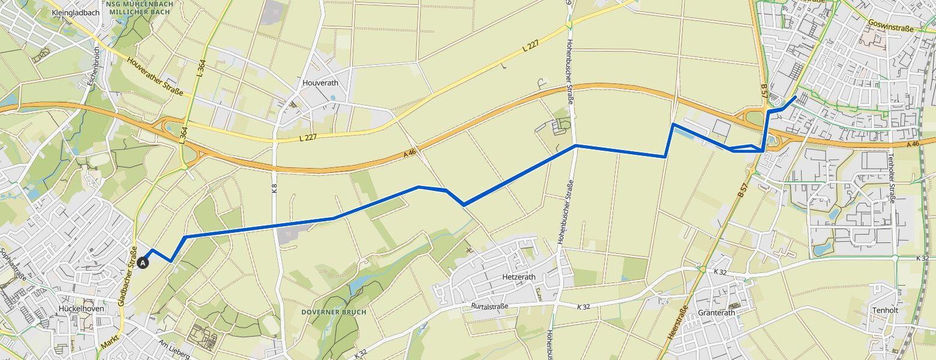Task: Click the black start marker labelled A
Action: (x=143, y=262)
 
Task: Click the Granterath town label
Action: (x=717, y=313)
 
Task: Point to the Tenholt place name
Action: (x=885, y=310)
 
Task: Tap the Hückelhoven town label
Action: (x=82, y=308)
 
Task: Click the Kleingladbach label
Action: (x=75, y=12)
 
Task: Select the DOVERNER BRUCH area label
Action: (x=334, y=313)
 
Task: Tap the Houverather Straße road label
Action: (x=154, y=76)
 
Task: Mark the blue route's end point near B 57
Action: (x=796, y=97)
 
